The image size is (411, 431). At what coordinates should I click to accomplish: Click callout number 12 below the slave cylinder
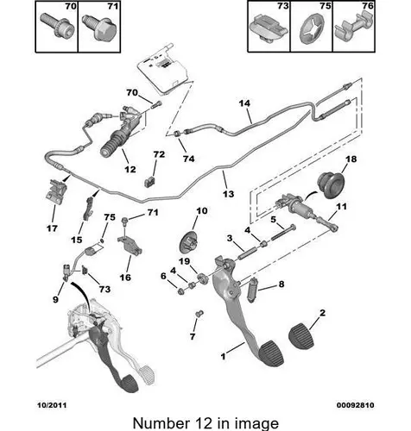(x=130, y=169)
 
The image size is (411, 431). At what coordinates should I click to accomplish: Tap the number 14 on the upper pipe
(x=244, y=103)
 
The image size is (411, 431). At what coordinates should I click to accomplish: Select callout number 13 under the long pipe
(x=229, y=194)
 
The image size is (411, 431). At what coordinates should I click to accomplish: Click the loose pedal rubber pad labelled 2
(x=301, y=336)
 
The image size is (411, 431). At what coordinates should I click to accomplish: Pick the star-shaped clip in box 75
(x=312, y=30)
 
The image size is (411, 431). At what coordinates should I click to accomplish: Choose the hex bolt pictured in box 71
(x=99, y=29)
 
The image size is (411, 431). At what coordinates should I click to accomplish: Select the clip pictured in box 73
(x=269, y=30)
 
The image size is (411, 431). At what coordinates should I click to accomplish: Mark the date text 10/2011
(x=52, y=405)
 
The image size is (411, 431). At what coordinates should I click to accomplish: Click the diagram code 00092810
(x=356, y=405)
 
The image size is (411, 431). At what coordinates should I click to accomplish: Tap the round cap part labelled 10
(x=189, y=241)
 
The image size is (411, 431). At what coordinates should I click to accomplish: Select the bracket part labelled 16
(x=130, y=245)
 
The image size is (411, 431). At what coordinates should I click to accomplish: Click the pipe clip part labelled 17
(x=56, y=191)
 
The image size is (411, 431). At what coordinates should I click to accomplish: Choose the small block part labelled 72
(x=149, y=182)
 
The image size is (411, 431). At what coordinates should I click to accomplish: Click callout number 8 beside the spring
(x=281, y=284)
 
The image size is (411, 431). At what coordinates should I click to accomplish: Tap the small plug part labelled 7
(x=199, y=314)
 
